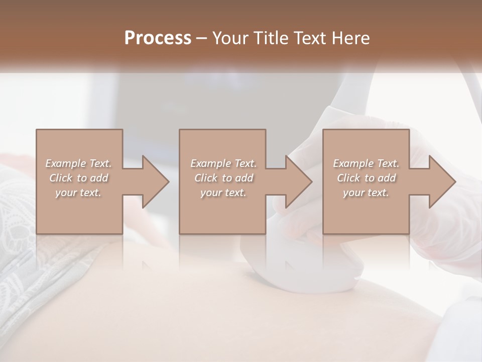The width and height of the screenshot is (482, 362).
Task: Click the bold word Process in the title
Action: pos(158,38)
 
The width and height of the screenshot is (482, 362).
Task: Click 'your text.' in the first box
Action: pos(78,193)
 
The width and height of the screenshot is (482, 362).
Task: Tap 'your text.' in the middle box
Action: pos(223,193)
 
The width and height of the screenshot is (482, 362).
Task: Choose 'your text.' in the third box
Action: pos(366,193)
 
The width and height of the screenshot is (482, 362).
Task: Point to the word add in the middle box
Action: pos(244,178)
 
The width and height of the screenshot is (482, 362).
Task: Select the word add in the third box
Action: pos(387,178)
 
